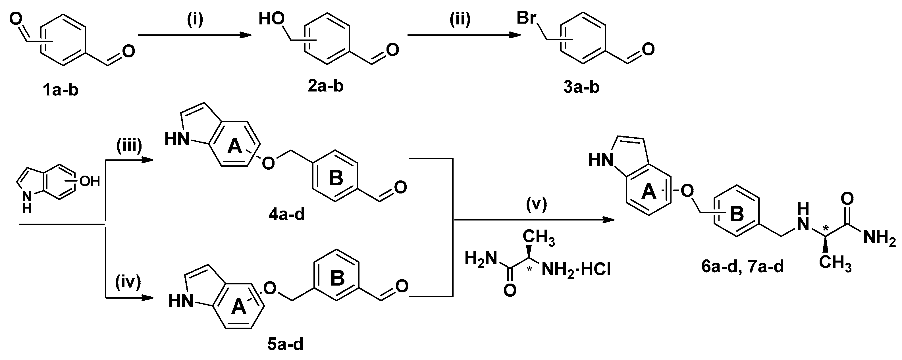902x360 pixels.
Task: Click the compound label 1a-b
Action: click(60, 90)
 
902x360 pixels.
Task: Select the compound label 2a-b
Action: click(325, 86)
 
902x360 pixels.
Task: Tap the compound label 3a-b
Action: click(581, 87)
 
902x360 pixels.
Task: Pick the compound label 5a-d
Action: click(285, 345)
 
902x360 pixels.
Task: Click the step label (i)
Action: click(195, 20)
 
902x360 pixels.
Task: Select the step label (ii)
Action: click(460, 20)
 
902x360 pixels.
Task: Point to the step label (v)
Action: click(536, 205)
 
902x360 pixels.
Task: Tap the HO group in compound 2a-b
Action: click(272, 19)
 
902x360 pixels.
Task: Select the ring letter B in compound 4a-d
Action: click(336, 178)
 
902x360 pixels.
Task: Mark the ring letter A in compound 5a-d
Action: click(239, 307)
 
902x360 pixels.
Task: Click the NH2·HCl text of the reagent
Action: click(576, 270)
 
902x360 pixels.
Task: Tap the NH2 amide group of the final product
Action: click(879, 238)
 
